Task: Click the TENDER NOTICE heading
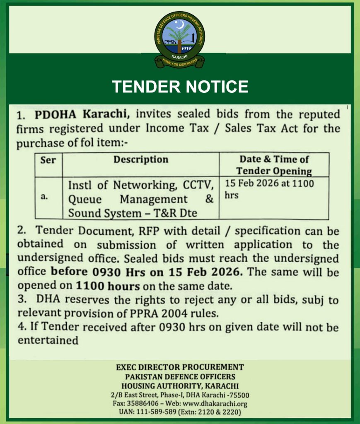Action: [x=180, y=87]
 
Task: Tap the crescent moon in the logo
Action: [x=179, y=25]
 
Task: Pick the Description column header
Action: [x=141, y=160]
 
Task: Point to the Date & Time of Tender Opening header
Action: [x=274, y=165]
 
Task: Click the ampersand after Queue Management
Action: [x=209, y=199]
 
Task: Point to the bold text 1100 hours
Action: [x=107, y=286]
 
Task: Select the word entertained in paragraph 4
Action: [x=48, y=341]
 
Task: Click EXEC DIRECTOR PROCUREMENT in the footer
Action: [x=180, y=367]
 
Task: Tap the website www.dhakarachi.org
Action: [x=216, y=404]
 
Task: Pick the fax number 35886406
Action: [x=143, y=404]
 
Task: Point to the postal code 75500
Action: [x=240, y=395]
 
